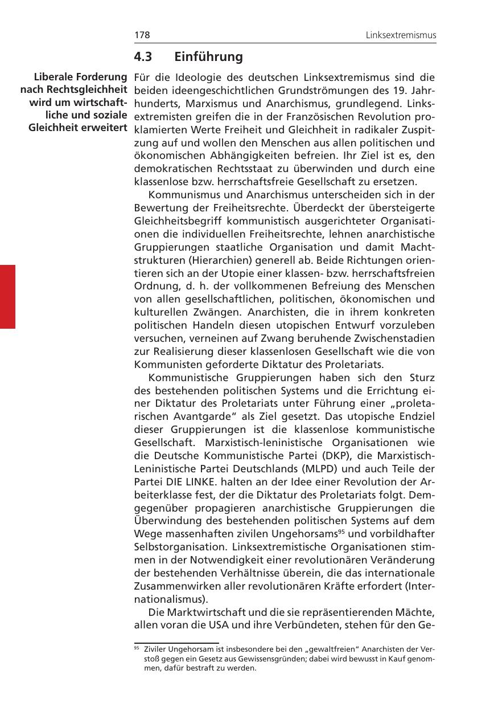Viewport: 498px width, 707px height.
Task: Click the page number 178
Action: click(x=142, y=35)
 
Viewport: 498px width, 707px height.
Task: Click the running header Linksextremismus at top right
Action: click(x=401, y=35)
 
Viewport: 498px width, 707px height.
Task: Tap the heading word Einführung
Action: click(x=208, y=57)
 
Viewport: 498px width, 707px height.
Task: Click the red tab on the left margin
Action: click(x=7, y=296)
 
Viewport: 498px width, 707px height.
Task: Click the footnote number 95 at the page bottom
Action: click(x=137, y=648)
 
